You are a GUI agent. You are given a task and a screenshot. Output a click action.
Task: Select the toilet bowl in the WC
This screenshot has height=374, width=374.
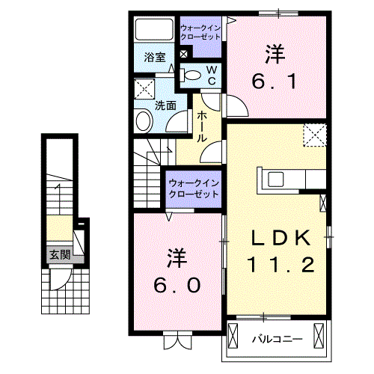(191, 73)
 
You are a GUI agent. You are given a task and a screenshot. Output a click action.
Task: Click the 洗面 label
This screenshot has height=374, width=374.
(165, 105)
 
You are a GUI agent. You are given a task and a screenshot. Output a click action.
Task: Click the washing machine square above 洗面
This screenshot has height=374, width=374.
(144, 91)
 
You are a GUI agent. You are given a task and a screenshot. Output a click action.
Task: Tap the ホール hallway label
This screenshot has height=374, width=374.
(202, 126)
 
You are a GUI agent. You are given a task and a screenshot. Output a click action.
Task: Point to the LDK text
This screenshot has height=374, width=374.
(280, 239)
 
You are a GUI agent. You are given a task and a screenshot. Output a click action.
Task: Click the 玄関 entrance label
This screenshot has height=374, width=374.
(59, 254)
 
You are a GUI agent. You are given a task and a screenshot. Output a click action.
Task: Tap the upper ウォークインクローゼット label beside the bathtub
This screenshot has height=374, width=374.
(200, 31)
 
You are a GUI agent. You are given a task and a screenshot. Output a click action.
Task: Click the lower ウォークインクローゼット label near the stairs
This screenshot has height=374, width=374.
(192, 187)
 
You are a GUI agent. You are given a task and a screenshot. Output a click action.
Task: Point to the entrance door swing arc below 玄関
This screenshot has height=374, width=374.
(60, 280)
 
